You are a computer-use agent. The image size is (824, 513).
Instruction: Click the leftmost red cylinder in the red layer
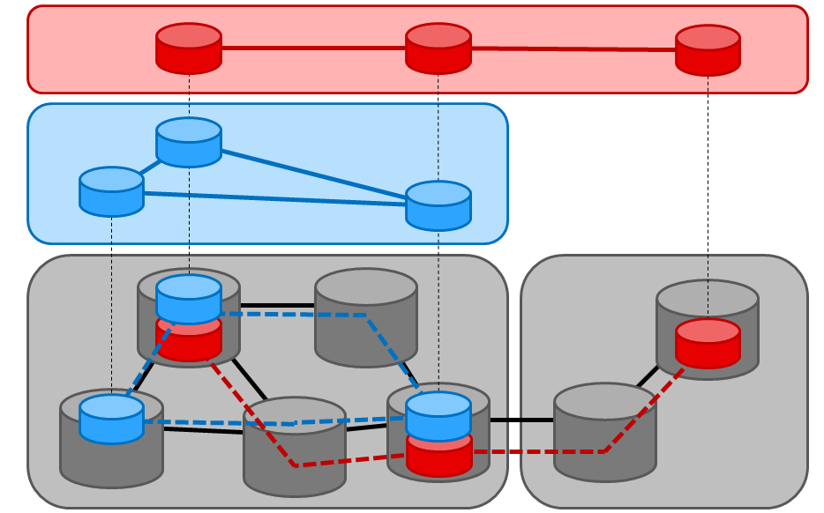click(189, 48)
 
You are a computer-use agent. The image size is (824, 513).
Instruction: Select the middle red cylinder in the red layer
click(438, 48)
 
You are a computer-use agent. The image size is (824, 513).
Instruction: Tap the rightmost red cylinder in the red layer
click(708, 50)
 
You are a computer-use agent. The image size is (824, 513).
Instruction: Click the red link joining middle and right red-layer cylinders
click(573, 49)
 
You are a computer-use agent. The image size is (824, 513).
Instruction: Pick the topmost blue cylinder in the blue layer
click(189, 142)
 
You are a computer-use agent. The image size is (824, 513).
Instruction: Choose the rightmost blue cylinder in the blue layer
click(438, 205)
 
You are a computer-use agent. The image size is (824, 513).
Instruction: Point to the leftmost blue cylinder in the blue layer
click(111, 191)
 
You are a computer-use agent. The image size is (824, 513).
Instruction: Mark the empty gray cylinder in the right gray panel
click(605, 432)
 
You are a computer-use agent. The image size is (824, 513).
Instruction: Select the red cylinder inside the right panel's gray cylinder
click(708, 344)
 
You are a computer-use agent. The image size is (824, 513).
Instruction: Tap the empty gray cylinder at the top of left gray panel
click(366, 317)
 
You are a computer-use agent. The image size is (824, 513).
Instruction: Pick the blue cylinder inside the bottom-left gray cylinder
click(111, 419)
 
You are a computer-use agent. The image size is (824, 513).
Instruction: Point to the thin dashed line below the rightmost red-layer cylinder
click(708, 176)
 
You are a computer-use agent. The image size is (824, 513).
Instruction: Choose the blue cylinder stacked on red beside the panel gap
click(438, 415)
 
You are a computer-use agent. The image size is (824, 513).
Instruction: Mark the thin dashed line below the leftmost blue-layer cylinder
click(111, 300)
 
